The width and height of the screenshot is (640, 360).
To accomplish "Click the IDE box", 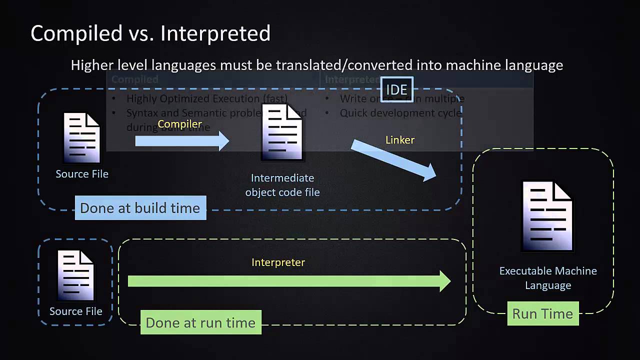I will [397, 89].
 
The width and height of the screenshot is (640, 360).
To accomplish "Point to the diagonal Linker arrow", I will [393, 160].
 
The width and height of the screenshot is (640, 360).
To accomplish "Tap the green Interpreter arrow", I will [289, 281].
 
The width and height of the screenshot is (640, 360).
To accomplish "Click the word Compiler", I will [180, 124].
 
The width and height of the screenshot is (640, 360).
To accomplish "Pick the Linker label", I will [400, 140].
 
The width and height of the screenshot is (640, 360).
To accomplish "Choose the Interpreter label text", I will [278, 262].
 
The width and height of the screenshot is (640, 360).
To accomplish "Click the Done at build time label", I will [140, 208].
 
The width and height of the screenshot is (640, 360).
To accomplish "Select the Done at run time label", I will [200, 323].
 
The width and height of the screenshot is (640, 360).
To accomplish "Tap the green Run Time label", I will [542, 314].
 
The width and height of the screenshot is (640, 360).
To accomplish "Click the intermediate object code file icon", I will [282, 132].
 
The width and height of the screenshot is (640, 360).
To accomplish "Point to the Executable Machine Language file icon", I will [547, 216].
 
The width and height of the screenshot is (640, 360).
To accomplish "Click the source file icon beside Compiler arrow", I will [81, 137].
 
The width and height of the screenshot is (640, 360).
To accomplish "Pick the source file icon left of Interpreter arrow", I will [76, 275].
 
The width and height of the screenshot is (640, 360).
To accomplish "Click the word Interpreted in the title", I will [215, 33].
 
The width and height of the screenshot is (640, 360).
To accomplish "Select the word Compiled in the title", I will [76, 33].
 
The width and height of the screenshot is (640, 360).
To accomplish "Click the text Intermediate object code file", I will [282, 185].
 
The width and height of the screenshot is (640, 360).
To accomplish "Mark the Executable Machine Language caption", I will [548, 278].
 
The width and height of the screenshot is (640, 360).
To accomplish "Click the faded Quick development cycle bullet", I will [400, 113].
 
